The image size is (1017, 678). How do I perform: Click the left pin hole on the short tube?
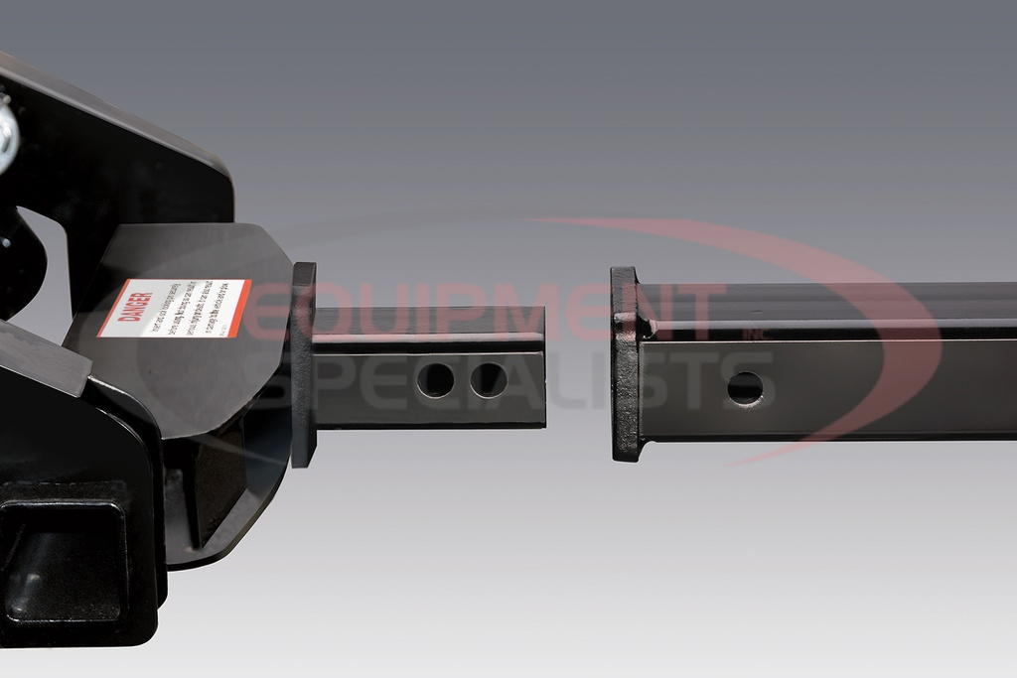tap(435, 380)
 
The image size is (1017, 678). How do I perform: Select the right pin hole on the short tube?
tap(488, 380)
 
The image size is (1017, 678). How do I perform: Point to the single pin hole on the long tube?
tap(745, 387)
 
